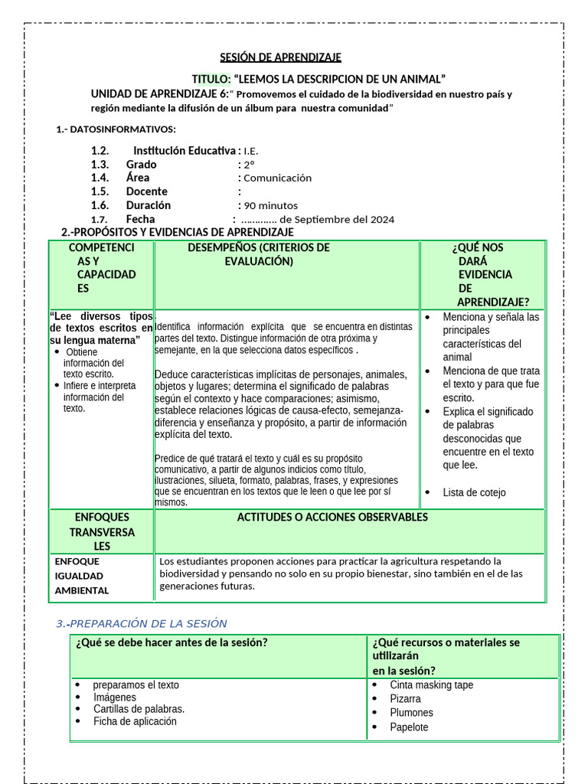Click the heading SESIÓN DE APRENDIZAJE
(281, 57)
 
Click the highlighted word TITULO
(210, 80)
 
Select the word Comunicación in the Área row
(278, 178)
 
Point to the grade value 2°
(249, 164)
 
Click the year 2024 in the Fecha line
(382, 219)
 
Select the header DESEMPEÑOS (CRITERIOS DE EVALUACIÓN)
(259, 254)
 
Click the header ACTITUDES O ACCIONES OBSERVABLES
(332, 518)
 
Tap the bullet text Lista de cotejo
(474, 492)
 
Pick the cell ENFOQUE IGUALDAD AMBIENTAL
(82, 576)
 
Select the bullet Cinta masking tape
(431, 685)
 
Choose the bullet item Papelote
(409, 727)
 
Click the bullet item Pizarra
(405, 699)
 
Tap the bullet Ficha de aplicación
(135, 721)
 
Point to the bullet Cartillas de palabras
(139, 709)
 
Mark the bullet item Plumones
(411, 713)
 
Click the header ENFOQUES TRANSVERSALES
(102, 531)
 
